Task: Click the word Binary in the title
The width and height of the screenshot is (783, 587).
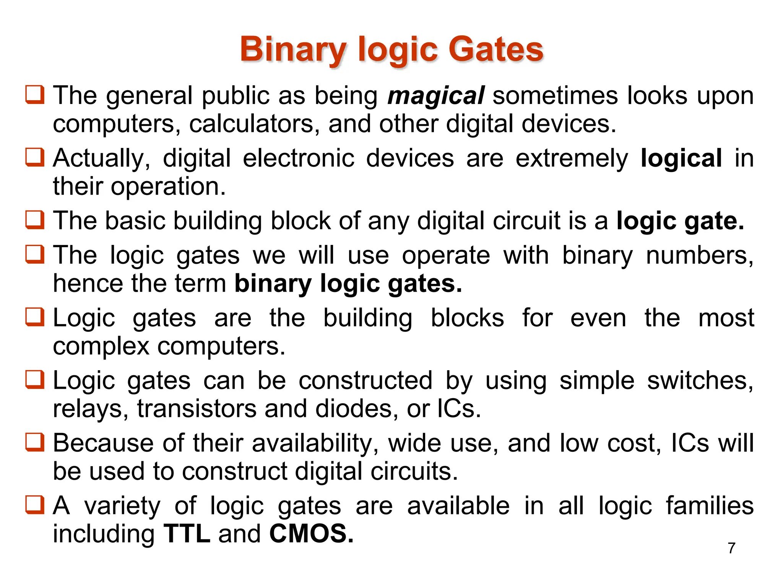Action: pos(293,50)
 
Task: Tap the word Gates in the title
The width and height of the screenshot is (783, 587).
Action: pos(495,50)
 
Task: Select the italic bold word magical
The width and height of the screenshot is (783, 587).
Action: pos(436,96)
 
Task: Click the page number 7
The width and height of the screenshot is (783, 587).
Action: pos(731,548)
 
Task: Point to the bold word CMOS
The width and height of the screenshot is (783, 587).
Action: pos(311,533)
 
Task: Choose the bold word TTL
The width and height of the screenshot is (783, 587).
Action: pos(187,533)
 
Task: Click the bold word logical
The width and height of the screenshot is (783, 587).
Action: pos(681,158)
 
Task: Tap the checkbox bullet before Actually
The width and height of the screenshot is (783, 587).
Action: pos(35,157)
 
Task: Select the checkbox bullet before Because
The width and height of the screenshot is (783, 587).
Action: pos(35,442)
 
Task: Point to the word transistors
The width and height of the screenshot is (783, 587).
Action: pos(197,409)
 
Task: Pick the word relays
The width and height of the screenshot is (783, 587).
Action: pos(90,409)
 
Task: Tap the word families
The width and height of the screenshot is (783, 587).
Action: pos(710,506)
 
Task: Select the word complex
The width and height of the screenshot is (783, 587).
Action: pos(101,346)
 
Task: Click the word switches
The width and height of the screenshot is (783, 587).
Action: pos(700,381)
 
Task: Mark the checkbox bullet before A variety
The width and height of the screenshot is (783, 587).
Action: pos(35,505)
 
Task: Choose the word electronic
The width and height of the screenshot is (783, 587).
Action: pos(299,158)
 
